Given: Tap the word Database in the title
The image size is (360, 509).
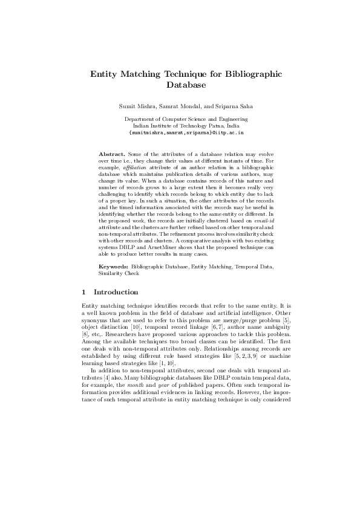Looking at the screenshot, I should pyautogui.click(x=180, y=86).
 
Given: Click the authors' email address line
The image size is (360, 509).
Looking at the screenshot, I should pyautogui.click(x=180, y=131).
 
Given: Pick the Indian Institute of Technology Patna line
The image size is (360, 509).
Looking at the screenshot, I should pyautogui.click(x=180, y=125).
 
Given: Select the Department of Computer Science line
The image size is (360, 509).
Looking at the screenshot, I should pyautogui.click(x=180, y=119).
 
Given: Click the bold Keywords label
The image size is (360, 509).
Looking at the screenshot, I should pyautogui.click(x=113, y=266).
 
